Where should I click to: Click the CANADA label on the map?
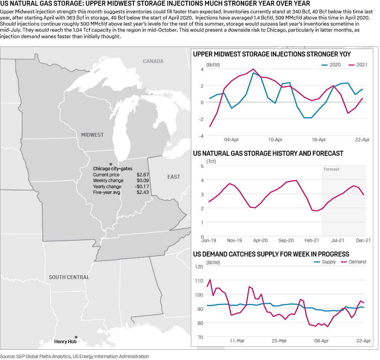click(153, 61)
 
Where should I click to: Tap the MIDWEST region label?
click(92, 135)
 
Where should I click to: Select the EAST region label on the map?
click(174, 177)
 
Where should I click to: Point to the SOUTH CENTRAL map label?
click(69, 277)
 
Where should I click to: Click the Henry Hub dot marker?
click(76, 337)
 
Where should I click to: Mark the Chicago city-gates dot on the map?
click(111, 163)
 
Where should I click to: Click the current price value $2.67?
click(143, 174)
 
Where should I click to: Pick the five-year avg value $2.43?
click(143, 192)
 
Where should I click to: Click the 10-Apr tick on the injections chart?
click(275, 140)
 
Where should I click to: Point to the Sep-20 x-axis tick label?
click(286, 241)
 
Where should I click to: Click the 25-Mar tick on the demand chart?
click(279, 341)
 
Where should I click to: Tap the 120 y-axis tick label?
click(199, 266)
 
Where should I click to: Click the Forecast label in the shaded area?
click(331, 169)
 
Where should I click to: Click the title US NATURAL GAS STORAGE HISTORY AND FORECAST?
click(268, 153)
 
